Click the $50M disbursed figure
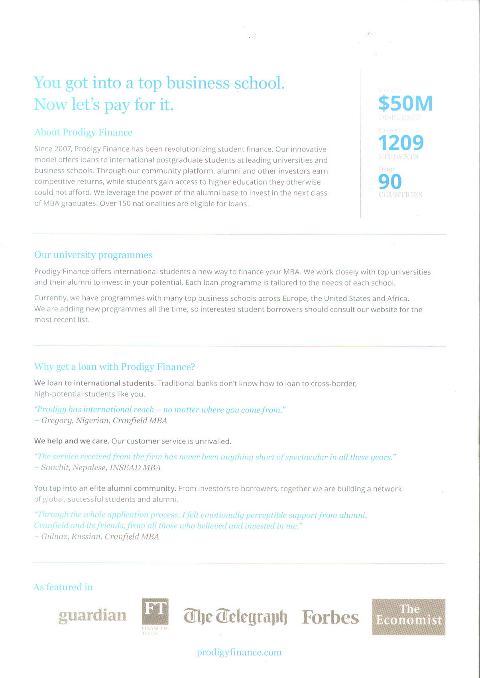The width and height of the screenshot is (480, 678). (405, 103)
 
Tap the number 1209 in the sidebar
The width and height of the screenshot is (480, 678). (401, 143)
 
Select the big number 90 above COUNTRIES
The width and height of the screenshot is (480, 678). (390, 182)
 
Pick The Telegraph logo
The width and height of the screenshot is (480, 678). (235, 617)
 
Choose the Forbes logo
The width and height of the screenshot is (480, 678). (330, 617)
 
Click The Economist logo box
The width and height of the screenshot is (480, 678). (409, 617)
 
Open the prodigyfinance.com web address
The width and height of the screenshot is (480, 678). (239, 652)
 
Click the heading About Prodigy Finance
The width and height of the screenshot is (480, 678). (83, 132)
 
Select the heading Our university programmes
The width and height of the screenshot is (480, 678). (93, 255)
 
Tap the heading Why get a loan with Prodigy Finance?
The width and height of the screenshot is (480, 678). (114, 367)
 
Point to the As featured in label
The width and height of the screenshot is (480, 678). (63, 587)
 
